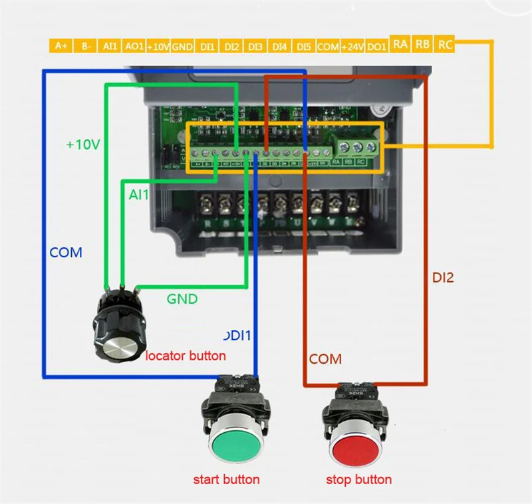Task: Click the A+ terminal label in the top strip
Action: [61, 46]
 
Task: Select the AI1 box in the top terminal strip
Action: [110, 46]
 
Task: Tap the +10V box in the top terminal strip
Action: [158, 46]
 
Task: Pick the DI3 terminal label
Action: [255, 46]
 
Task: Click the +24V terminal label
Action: [352, 46]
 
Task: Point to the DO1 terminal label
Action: [377, 46]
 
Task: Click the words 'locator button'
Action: [186, 356]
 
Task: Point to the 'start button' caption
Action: [226, 479]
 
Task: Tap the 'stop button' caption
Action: [358, 479]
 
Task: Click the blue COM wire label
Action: [66, 253]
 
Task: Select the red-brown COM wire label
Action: [325, 359]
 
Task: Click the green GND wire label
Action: [182, 299]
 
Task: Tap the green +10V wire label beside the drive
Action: [83, 144]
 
